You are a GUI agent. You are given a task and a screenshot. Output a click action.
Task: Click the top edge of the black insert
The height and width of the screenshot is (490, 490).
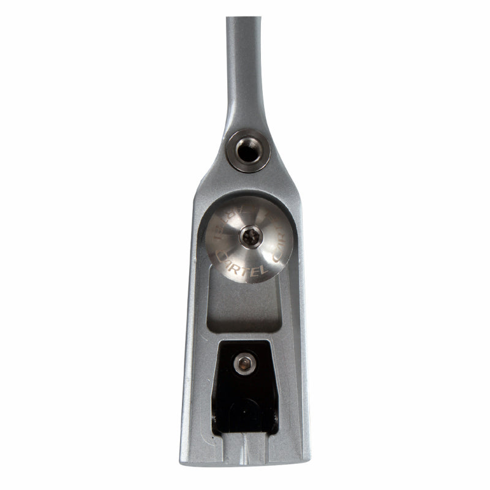pyautogui.click(x=245, y=343)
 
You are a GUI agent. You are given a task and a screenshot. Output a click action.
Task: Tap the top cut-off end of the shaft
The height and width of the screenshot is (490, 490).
pyautogui.click(x=243, y=20)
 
